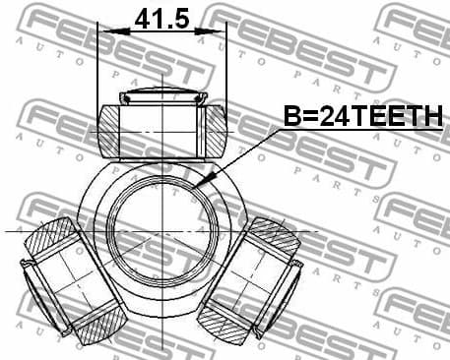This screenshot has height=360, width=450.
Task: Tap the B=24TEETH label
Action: coord(363,118)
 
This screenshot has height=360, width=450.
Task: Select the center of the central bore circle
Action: coord(161,233)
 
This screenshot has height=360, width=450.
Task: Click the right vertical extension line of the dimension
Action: coord(226,69)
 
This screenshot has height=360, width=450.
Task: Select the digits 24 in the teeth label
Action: coord(325,118)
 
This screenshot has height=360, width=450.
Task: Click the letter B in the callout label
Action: coord(292,118)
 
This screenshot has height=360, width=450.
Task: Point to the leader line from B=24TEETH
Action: coord(241,154)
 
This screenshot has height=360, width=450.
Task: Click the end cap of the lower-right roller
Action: coord(292,277)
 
